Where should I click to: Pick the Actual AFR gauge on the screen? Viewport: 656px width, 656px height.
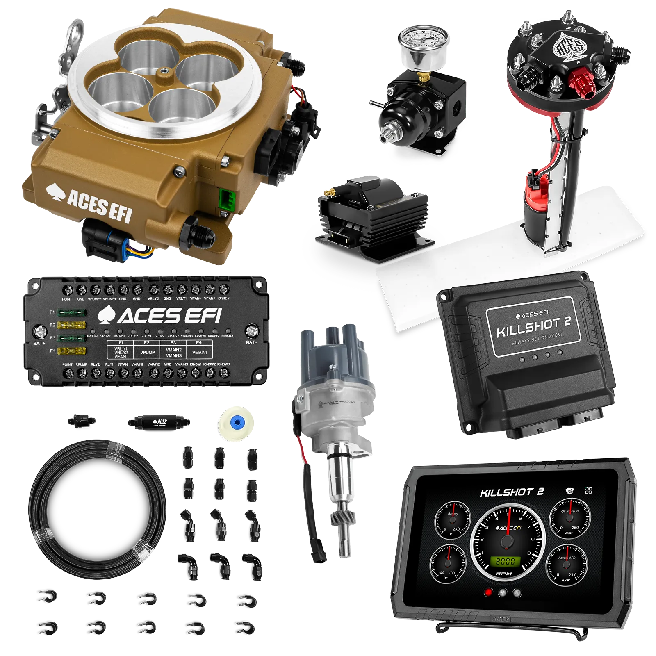pyautogui.click(x=567, y=566)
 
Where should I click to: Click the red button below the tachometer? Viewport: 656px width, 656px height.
pyautogui.click(x=488, y=592)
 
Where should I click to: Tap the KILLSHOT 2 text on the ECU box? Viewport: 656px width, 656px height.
pyautogui.click(x=533, y=326)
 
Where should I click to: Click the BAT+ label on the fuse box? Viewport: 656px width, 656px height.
pyautogui.click(x=39, y=343)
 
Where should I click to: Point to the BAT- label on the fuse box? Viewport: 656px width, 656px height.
pyautogui.click(x=251, y=342)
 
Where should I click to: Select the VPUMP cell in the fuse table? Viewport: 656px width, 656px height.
pyautogui.click(x=148, y=352)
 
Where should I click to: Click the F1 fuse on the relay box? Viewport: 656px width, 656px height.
pyautogui.click(x=71, y=313)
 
